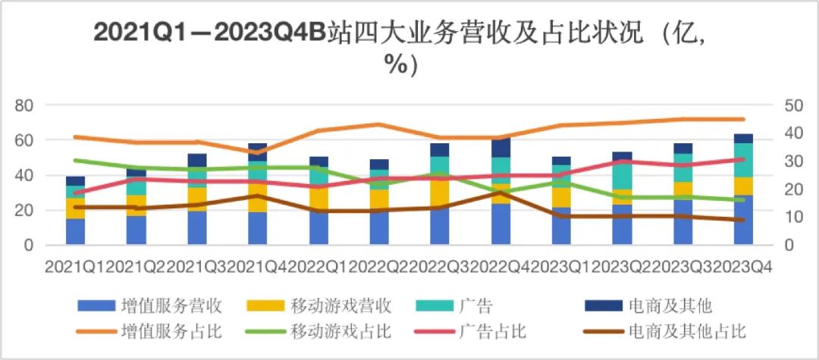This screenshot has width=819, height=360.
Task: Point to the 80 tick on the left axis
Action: (x=25, y=105)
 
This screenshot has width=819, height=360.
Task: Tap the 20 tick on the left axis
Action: (x=25, y=211)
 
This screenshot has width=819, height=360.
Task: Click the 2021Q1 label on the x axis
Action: (x=74, y=267)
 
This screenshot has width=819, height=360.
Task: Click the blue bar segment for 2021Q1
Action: (x=76, y=232)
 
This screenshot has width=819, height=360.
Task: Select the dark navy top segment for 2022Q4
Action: (x=500, y=149)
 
